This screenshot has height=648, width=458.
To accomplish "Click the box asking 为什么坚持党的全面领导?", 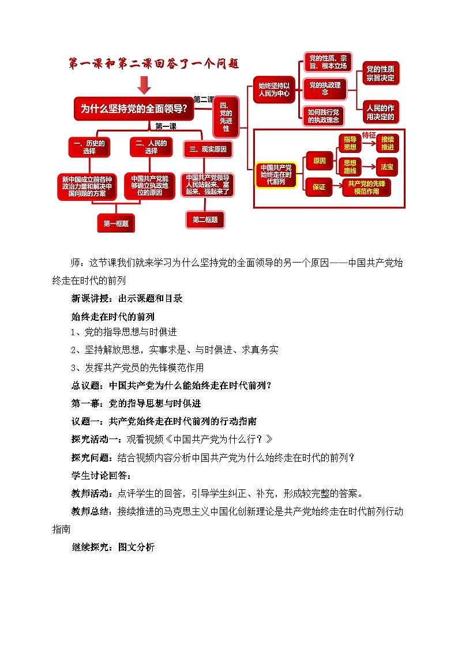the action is click(x=134, y=108).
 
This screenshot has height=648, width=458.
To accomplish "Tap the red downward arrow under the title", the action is click(x=144, y=85).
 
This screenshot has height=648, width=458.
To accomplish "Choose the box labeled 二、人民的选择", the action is click(x=151, y=147).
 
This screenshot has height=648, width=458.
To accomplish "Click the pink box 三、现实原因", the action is click(x=208, y=149).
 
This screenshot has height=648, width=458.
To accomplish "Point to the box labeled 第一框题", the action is click(x=116, y=223).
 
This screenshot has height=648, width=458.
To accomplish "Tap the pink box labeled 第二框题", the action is click(x=205, y=219).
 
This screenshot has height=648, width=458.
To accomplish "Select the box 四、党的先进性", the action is click(x=226, y=116).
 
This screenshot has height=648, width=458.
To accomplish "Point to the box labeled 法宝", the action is click(x=387, y=167).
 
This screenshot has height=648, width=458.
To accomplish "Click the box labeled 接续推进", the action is click(x=388, y=143).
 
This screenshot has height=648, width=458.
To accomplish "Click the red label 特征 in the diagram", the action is click(x=369, y=135).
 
